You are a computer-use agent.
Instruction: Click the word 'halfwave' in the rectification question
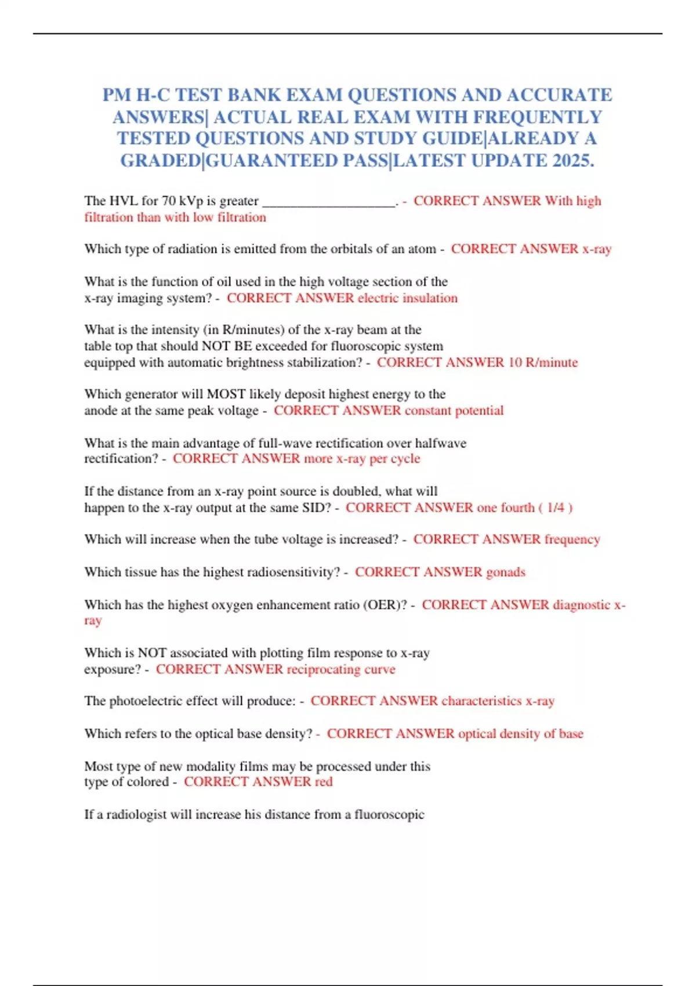[x=441, y=443]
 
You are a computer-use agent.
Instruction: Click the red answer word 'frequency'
[x=572, y=539]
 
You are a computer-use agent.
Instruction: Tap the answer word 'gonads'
[x=506, y=572]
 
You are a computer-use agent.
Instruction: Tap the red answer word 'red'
[x=324, y=782]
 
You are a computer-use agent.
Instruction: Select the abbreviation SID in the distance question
[x=316, y=508]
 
